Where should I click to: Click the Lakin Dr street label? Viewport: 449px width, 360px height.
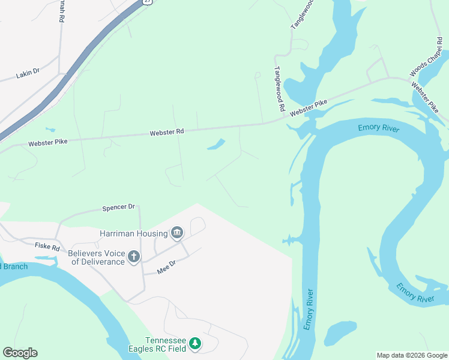click(x=28, y=73)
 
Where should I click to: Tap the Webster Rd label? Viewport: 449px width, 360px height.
click(x=166, y=131)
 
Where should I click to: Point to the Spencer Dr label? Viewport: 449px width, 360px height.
click(x=118, y=208)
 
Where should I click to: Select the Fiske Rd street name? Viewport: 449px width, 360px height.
click(x=47, y=247)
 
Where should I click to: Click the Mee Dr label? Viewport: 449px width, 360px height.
click(x=166, y=270)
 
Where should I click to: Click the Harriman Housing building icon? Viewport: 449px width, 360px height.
click(x=177, y=232)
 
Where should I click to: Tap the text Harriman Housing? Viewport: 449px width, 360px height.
click(x=134, y=233)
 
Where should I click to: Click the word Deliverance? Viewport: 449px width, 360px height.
click(x=97, y=262)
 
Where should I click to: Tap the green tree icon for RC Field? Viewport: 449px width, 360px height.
click(x=194, y=344)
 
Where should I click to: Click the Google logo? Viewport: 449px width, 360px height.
click(x=20, y=353)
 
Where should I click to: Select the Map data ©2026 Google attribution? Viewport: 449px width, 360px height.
click(x=411, y=355)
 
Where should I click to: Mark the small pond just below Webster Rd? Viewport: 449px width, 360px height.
click(x=216, y=145)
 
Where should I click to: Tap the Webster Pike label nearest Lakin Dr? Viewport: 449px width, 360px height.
click(x=47, y=143)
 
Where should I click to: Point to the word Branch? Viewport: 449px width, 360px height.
click(x=16, y=266)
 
